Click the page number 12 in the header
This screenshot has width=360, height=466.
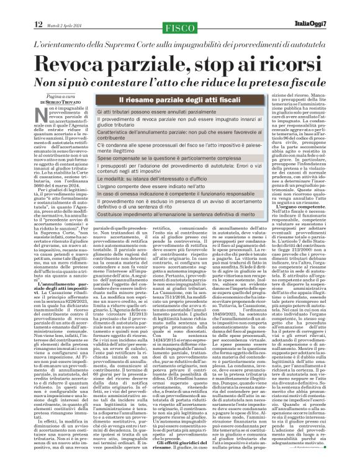coord(38,24)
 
